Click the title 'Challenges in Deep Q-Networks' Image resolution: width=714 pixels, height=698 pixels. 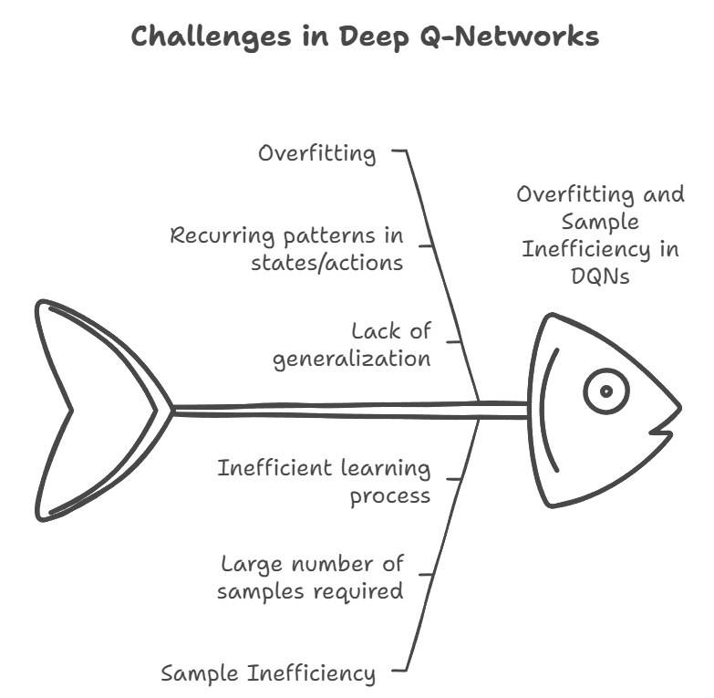[x=365, y=36]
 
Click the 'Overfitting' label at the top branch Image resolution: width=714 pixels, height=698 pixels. [x=316, y=152]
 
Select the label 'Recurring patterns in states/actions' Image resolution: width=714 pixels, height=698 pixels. [x=286, y=248]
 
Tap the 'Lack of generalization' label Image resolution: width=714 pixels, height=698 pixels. [x=352, y=344]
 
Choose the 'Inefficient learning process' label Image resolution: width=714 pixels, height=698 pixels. [x=324, y=481]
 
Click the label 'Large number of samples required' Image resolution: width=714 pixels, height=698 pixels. [x=310, y=577]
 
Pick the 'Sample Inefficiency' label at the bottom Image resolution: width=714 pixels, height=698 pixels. [x=268, y=673]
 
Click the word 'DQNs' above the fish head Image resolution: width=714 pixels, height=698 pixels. [x=600, y=275]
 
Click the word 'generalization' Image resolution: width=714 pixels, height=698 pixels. [x=352, y=358]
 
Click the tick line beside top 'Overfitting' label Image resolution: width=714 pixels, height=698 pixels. [x=398, y=151]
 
